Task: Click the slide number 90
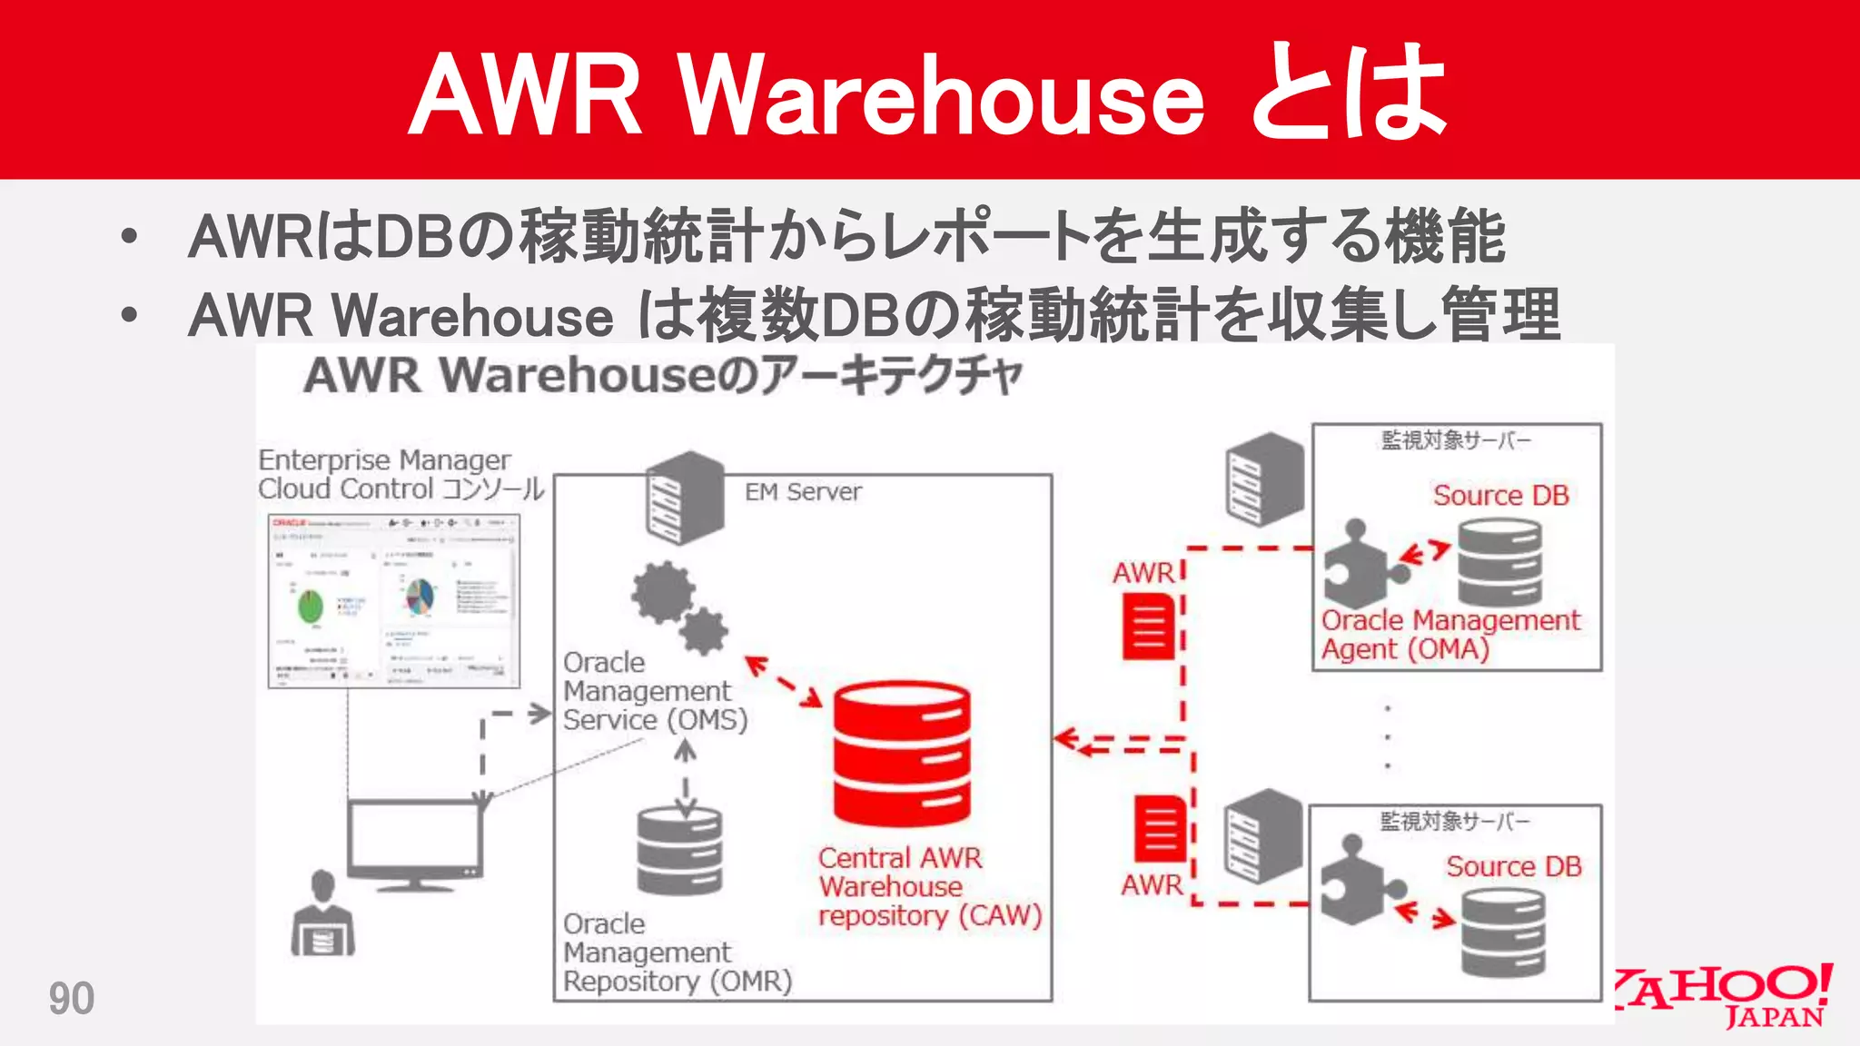click(71, 999)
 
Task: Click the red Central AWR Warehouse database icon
click(902, 753)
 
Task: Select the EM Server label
click(803, 492)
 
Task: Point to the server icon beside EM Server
click(686, 498)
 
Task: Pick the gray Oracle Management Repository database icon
click(679, 851)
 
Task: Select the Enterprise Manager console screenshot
click(394, 600)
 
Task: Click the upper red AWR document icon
click(1149, 626)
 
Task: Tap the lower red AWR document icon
click(1161, 828)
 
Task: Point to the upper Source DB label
click(1500, 496)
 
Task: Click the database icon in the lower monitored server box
click(1503, 933)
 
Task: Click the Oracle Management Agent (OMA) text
click(1449, 635)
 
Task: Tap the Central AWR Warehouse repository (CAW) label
click(928, 887)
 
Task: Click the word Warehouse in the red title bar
click(942, 95)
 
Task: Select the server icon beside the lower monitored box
click(1262, 835)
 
